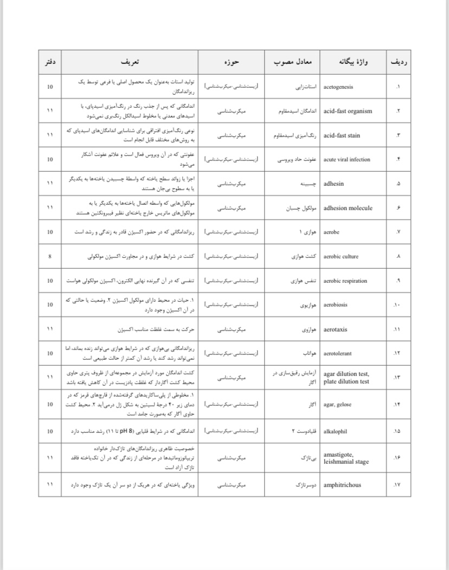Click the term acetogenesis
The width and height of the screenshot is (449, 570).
pyautogui.click(x=341, y=87)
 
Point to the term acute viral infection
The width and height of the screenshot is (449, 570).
pyautogui.click(x=347, y=159)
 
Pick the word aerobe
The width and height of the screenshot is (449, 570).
pyautogui.click(x=332, y=232)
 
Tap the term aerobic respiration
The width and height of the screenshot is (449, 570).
pyautogui.click(x=345, y=281)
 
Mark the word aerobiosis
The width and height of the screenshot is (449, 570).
pyautogui.click(x=337, y=305)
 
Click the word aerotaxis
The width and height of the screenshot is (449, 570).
pyautogui.click(x=336, y=329)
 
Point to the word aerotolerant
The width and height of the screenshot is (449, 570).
pyautogui.click(x=337, y=354)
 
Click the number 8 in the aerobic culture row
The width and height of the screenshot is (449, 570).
pyautogui.click(x=50, y=257)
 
